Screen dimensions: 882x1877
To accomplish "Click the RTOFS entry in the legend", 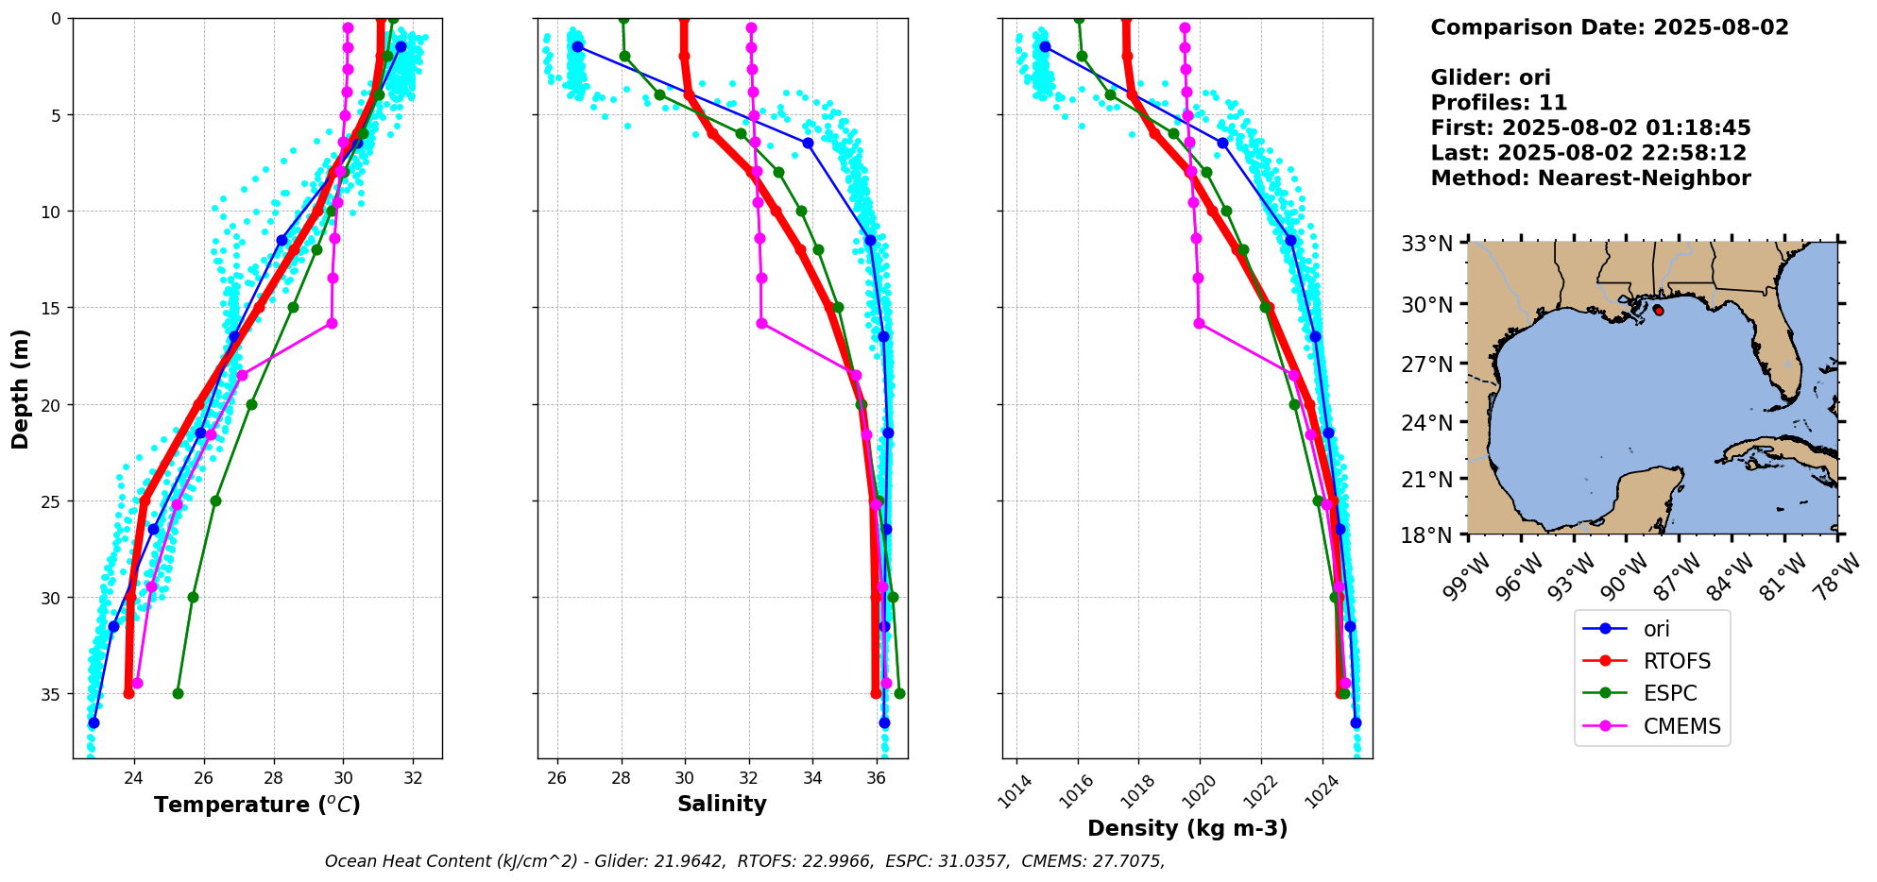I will [x=1676, y=661].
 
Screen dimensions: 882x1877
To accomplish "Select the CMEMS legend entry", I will [x=1681, y=726].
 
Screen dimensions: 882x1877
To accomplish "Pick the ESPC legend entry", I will [x=1669, y=693].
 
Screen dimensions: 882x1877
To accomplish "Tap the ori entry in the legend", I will [x=1656, y=629].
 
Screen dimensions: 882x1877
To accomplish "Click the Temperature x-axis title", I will [x=257, y=805].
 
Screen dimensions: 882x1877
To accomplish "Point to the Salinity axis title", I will [x=722, y=804].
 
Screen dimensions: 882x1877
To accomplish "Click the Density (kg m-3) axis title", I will [x=1187, y=828].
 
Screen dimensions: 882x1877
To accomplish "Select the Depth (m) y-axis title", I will [x=21, y=388].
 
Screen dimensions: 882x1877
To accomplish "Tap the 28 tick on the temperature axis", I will [x=274, y=777].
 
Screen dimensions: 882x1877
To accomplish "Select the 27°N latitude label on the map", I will [x=1426, y=364].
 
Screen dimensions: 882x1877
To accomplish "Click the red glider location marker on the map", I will [x=1659, y=310].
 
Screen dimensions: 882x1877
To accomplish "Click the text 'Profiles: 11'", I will [x=1498, y=103].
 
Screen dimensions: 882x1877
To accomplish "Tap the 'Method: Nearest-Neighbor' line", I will [x=1590, y=178].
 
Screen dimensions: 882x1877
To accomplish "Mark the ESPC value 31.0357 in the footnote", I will [x=973, y=861].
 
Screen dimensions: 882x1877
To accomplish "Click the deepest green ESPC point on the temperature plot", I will [x=178, y=693].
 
